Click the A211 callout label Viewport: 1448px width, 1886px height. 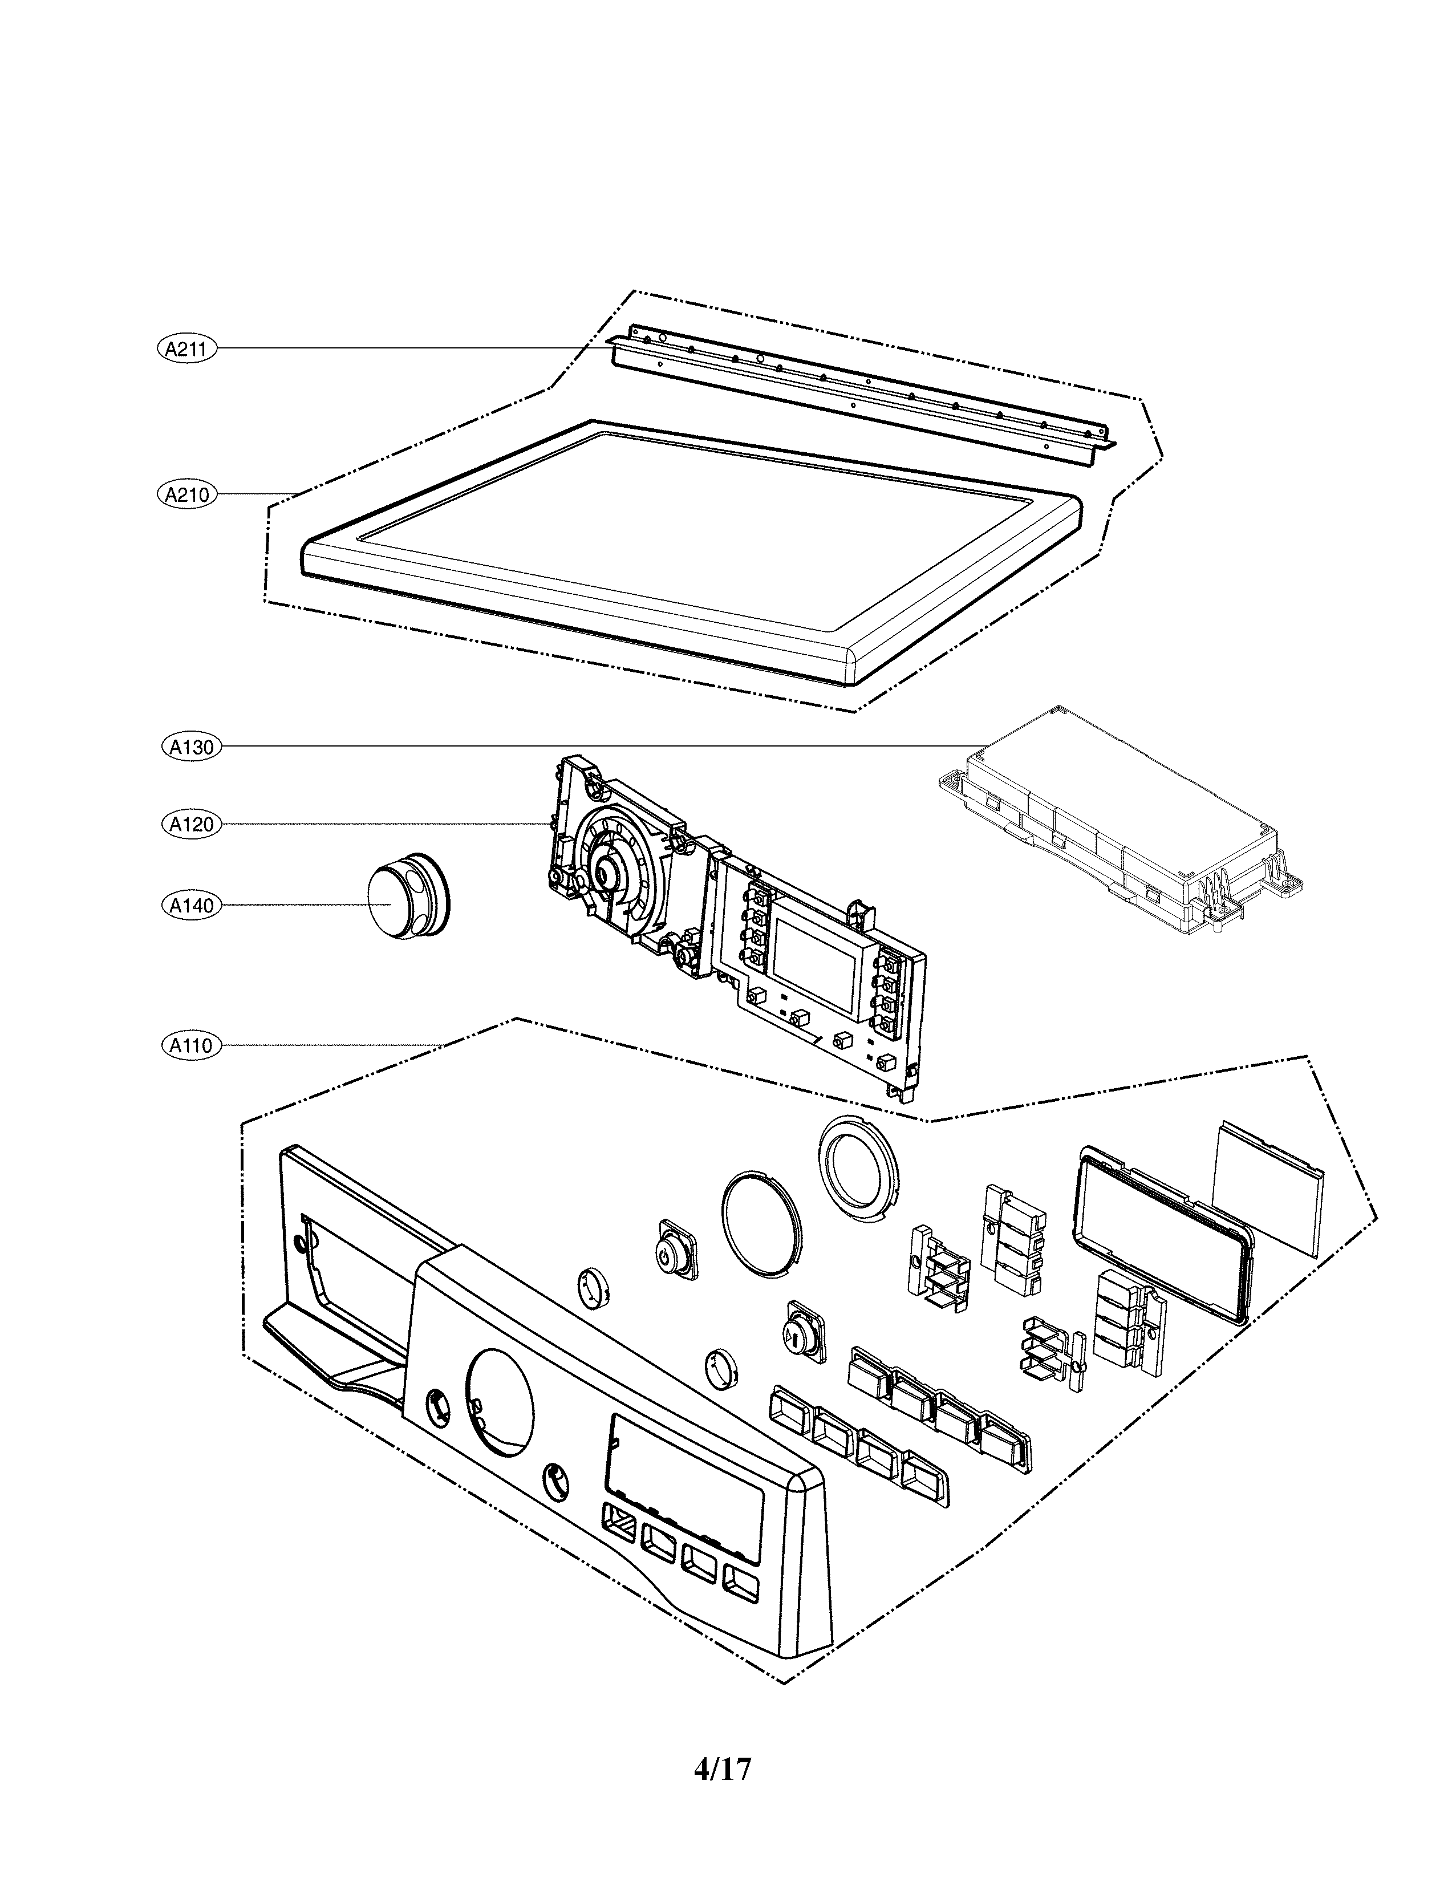pos(188,348)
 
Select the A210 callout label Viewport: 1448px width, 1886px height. pos(188,495)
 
